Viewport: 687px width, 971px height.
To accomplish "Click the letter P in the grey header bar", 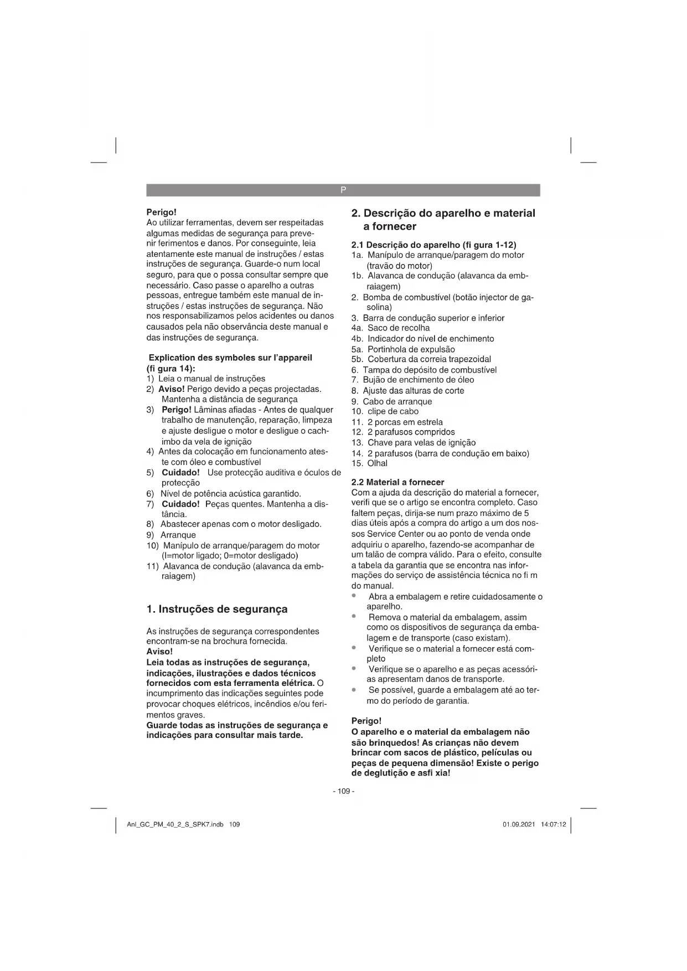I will point(343,190).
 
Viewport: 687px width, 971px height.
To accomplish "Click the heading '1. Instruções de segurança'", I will point(216,609).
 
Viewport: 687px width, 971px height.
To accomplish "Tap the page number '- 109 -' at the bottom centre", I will point(343,791).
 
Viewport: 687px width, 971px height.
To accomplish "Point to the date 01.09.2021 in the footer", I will point(519,824).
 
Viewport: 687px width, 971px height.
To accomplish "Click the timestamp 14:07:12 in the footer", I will point(554,824).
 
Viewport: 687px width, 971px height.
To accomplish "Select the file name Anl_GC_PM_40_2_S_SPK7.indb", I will point(175,824).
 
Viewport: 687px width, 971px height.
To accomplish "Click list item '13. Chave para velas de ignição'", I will point(414,442).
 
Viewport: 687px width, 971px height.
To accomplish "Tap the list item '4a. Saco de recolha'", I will point(390,328).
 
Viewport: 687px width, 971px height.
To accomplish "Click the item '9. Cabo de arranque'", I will point(391,401).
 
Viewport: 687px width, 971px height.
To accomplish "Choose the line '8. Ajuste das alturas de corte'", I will point(407,391).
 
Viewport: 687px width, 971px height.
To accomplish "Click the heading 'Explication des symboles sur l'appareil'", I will point(230,358).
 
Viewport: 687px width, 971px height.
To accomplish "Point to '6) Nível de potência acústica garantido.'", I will point(224,493).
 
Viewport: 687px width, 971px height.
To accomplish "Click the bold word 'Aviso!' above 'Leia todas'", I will point(159,652).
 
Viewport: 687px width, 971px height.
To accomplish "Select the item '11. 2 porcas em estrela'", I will point(397,422).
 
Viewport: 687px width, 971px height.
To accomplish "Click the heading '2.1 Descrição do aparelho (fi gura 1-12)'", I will point(433,245).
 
